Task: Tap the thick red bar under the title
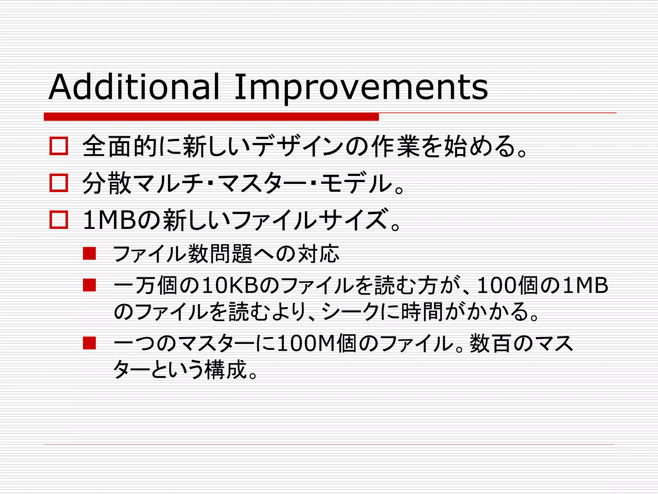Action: (211, 117)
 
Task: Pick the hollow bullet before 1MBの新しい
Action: (59, 220)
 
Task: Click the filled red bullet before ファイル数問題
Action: (89, 253)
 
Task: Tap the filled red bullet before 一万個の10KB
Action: (89, 285)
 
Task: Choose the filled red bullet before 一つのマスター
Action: (89, 343)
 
